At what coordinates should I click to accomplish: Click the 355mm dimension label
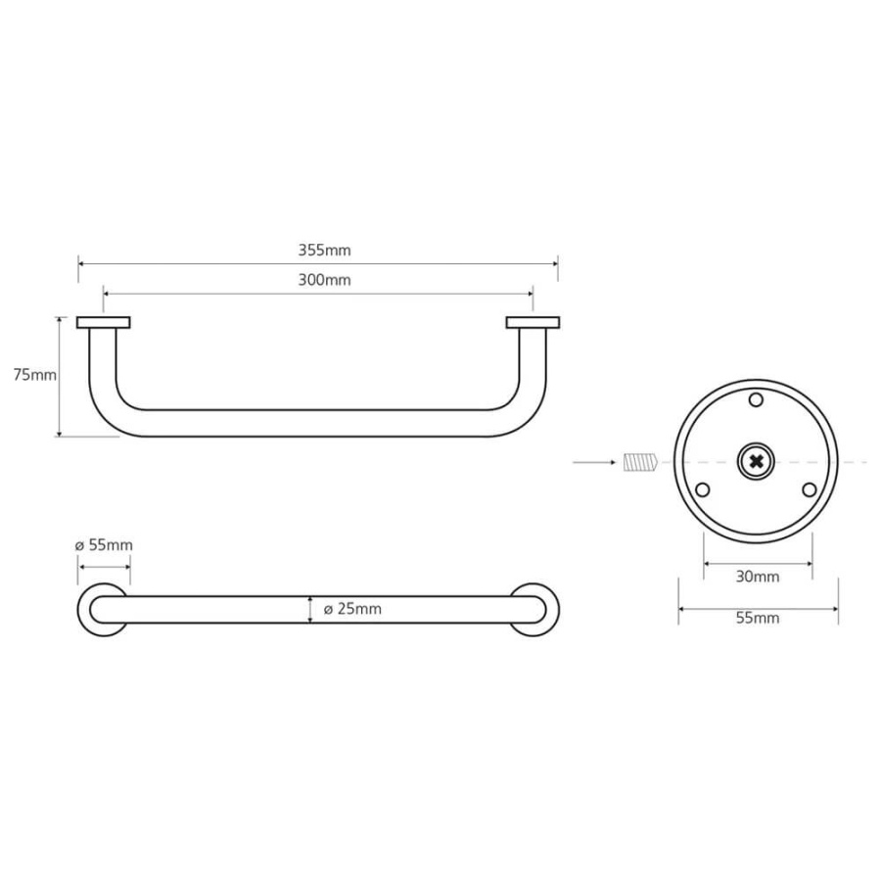click(324, 250)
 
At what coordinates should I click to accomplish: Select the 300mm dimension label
click(324, 280)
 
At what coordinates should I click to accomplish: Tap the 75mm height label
click(35, 375)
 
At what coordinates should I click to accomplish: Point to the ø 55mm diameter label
click(104, 545)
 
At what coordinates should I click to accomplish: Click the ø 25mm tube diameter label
click(352, 609)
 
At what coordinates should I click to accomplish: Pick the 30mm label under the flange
click(758, 577)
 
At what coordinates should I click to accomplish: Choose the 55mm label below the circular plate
click(758, 618)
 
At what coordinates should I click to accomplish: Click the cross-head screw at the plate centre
click(757, 462)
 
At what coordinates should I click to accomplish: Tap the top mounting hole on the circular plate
click(757, 400)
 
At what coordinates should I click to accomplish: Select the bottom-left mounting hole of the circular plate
click(702, 490)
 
